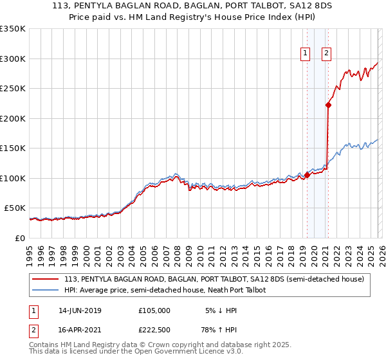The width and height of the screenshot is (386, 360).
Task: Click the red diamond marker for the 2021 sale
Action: pyautogui.click(x=328, y=105)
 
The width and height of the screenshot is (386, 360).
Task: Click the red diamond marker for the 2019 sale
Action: pyautogui.click(x=307, y=175)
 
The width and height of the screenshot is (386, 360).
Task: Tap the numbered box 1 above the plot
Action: pyautogui.click(x=304, y=54)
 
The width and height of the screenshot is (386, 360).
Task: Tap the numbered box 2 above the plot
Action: pyautogui.click(x=326, y=54)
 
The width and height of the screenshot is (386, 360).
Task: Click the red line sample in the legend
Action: pyautogui.click(x=46, y=279)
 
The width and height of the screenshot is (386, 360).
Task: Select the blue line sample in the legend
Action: pyautogui.click(x=46, y=290)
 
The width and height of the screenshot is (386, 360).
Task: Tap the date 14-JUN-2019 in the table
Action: pyautogui.click(x=80, y=310)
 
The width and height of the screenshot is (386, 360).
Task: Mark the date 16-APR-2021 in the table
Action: pyautogui.click(x=80, y=331)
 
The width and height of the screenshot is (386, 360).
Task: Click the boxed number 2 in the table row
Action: pyautogui.click(x=33, y=331)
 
